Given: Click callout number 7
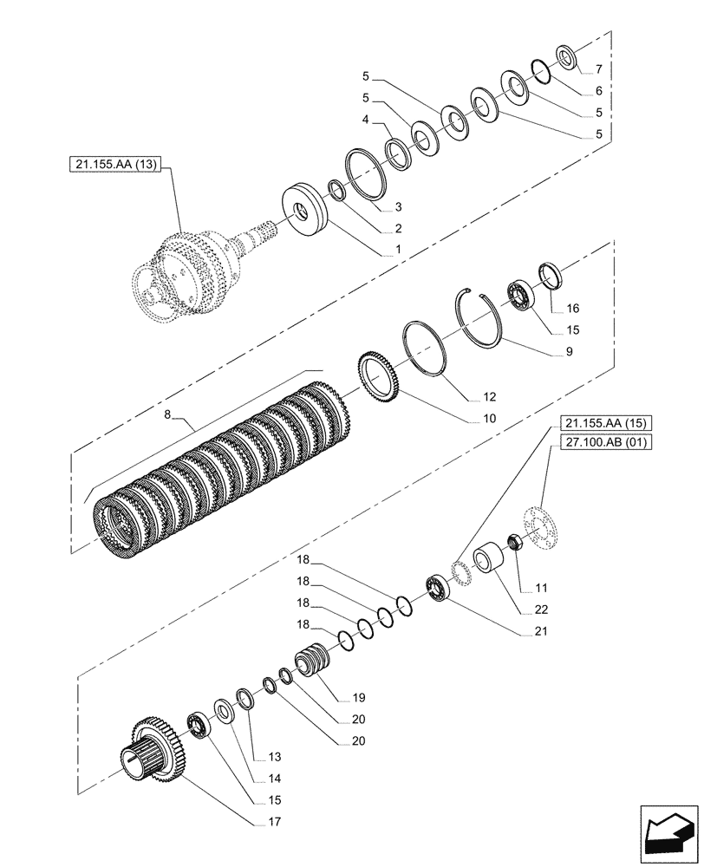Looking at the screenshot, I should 597,68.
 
